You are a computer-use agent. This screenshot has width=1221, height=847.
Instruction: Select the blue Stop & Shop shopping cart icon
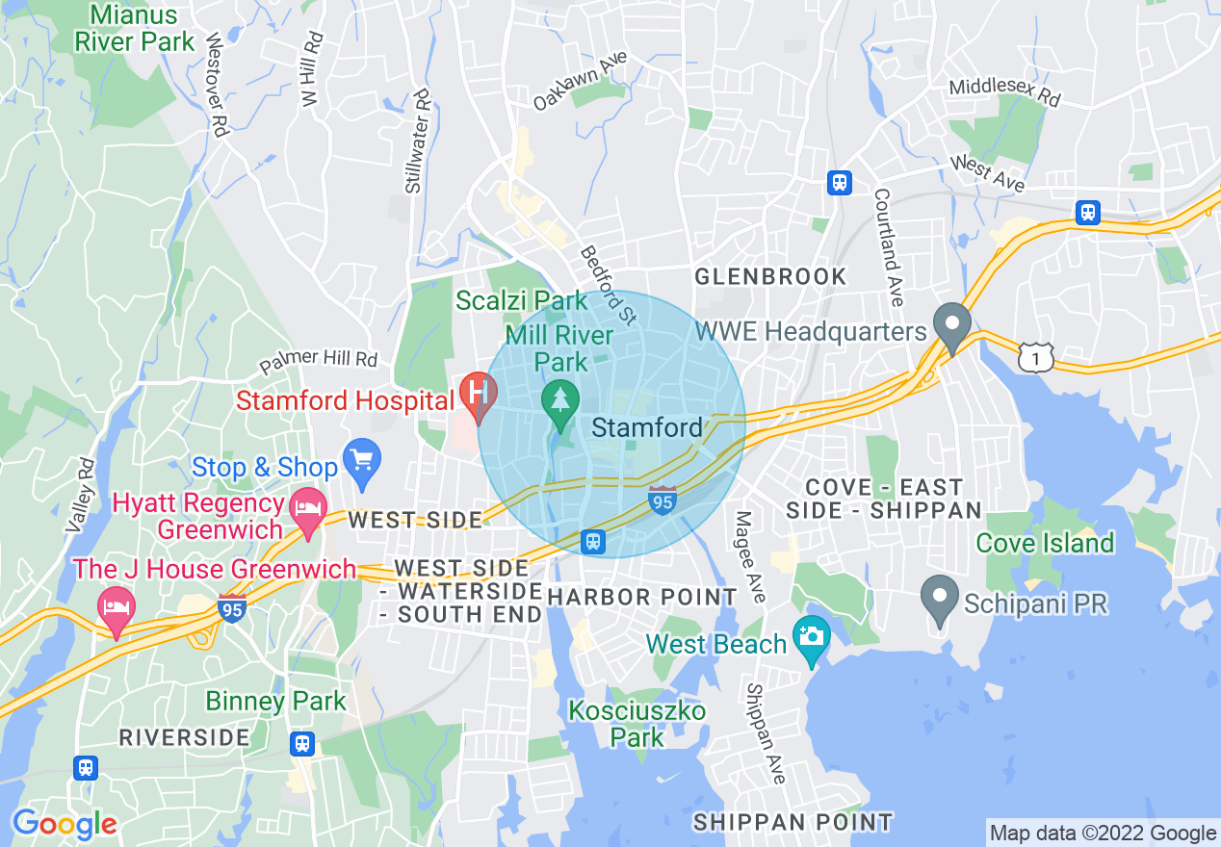coord(362,461)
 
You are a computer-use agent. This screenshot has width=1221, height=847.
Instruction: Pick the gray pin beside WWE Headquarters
coord(952,326)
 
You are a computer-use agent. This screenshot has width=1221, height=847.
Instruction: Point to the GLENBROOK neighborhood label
coord(770,277)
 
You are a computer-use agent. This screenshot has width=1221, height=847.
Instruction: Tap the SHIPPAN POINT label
coord(792,822)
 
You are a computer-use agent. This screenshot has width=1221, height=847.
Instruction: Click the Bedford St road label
coord(609,285)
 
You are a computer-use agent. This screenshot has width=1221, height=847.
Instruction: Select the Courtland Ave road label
coord(888,247)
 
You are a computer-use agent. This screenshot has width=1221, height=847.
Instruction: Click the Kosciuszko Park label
coord(636,724)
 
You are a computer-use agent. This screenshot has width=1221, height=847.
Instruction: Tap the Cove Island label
coord(1044,544)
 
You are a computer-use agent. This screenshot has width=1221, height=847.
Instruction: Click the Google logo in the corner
coord(64,824)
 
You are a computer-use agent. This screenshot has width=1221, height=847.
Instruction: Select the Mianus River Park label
coord(135,29)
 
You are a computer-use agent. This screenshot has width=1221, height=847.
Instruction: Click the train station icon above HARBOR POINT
coord(593,541)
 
